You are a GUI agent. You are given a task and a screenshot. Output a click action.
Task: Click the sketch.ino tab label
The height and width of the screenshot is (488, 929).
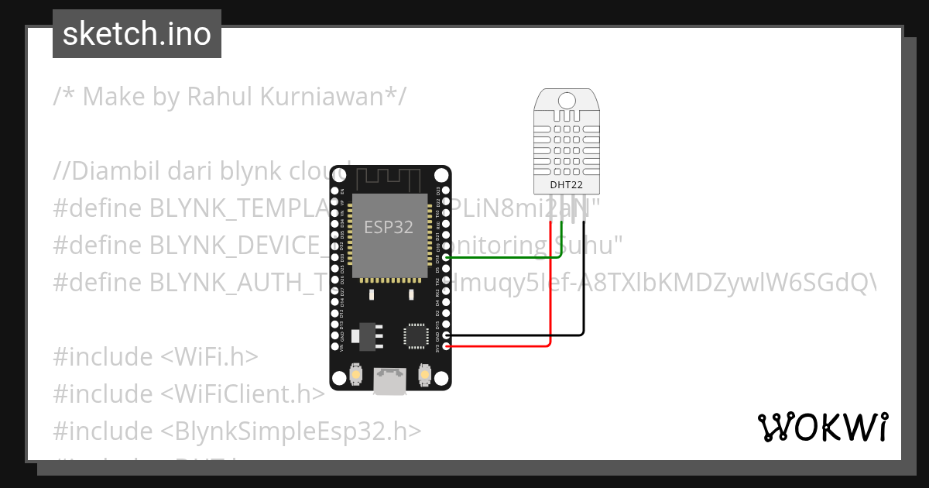(x=137, y=34)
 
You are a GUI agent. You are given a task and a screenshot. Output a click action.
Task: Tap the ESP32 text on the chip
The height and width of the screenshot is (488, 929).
(x=389, y=227)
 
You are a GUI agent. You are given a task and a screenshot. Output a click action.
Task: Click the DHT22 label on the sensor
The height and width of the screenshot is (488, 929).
(x=567, y=185)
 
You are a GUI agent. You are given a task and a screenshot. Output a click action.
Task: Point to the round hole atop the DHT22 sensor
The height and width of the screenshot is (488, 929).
(x=567, y=100)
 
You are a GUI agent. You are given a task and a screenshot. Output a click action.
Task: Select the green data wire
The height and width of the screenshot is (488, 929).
(x=503, y=257)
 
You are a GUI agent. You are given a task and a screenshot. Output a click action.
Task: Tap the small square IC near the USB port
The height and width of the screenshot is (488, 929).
(x=414, y=335)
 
